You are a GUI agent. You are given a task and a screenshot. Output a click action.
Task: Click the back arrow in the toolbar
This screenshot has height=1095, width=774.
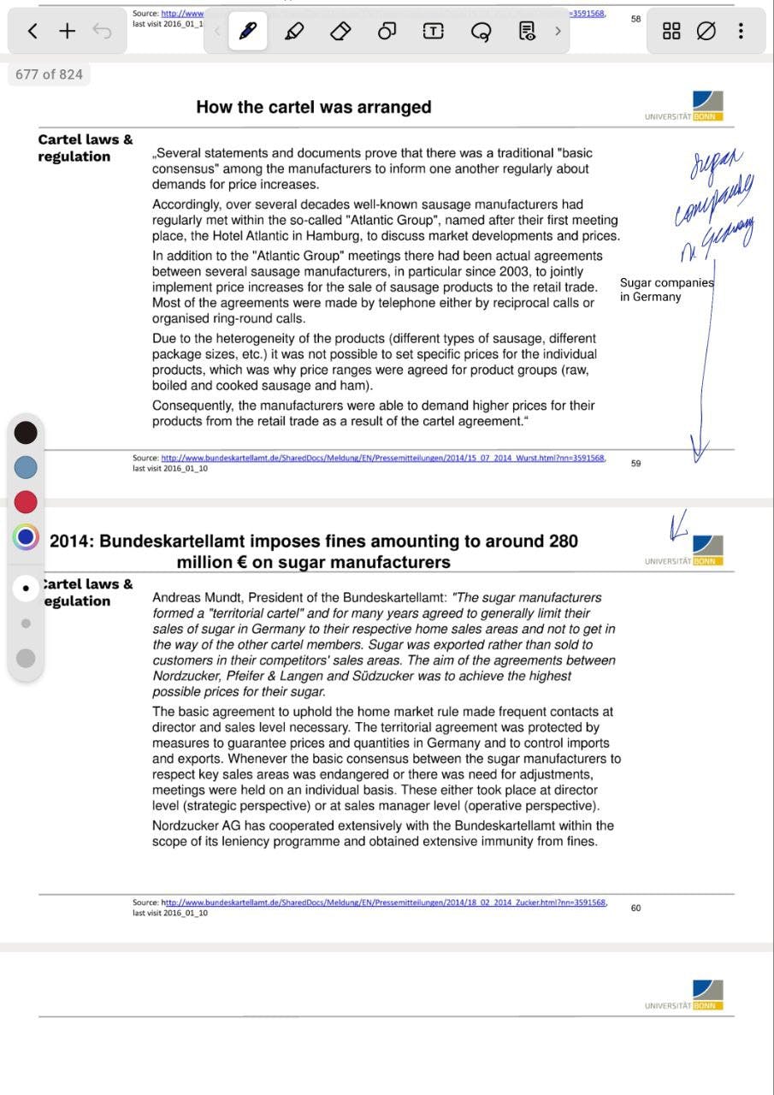(x=32, y=32)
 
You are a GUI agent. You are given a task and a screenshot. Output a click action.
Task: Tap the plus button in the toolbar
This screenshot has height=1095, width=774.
(x=68, y=32)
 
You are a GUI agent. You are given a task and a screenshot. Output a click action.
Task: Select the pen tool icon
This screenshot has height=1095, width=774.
(x=248, y=32)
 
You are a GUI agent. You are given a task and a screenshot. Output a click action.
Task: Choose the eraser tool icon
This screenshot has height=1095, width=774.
(x=340, y=32)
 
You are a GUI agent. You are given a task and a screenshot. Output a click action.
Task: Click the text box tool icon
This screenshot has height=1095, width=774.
(x=434, y=32)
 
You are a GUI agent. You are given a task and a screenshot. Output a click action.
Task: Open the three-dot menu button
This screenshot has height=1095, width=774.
(x=741, y=32)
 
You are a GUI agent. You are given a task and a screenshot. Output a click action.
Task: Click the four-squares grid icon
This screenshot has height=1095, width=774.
(x=671, y=32)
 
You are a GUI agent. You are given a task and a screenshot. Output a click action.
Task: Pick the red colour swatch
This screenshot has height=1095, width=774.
(x=26, y=502)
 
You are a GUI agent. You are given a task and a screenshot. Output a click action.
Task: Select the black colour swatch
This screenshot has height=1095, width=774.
(x=26, y=432)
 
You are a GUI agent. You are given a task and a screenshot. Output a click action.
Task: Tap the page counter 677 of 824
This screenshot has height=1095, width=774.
(x=50, y=74)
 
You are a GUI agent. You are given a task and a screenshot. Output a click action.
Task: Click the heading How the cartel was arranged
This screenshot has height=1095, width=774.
(x=314, y=107)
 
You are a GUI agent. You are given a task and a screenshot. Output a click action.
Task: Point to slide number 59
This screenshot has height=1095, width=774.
(x=635, y=464)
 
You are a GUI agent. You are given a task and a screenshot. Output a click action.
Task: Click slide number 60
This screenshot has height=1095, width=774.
(x=635, y=908)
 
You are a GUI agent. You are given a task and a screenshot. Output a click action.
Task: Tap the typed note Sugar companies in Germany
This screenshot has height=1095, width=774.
(x=665, y=290)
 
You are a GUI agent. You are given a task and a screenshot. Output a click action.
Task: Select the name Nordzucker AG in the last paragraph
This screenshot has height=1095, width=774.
(x=192, y=826)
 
